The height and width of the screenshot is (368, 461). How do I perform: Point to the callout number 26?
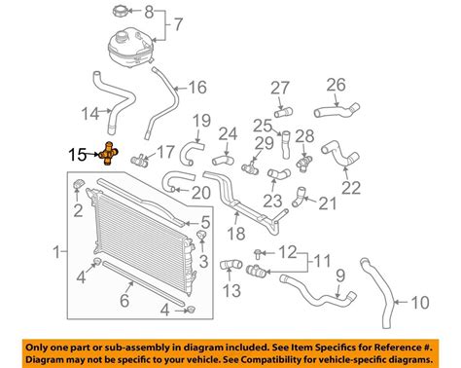tap(335, 84)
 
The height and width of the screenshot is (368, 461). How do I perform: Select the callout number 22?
tap(351, 187)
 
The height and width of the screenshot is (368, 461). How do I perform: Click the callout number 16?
tap(197, 87)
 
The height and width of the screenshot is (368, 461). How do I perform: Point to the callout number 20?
tap(200, 193)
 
